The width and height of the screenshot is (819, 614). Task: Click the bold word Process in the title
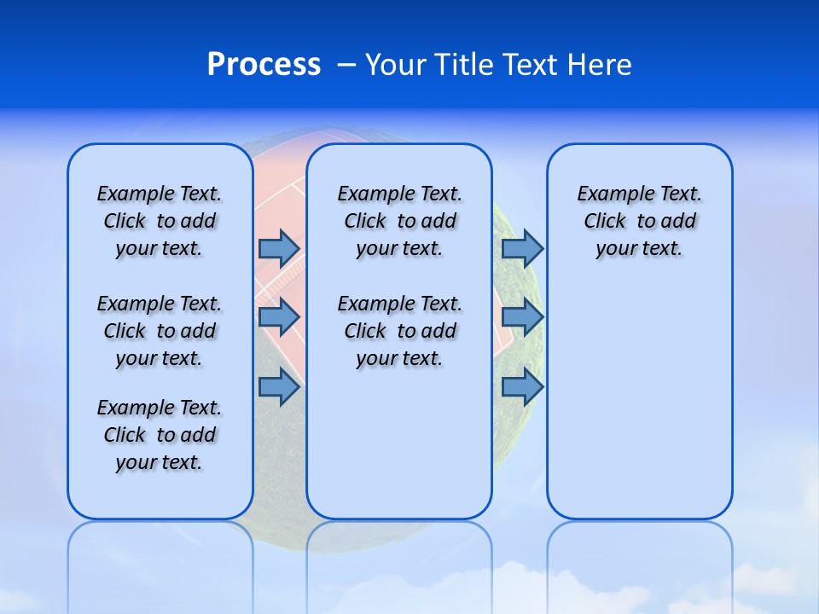click(264, 65)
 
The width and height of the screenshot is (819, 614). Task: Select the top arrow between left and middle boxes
click(278, 248)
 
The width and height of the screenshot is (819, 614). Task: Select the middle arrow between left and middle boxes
click(278, 317)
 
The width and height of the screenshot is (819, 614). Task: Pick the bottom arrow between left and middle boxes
click(278, 387)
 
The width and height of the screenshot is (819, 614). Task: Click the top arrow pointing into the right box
click(522, 248)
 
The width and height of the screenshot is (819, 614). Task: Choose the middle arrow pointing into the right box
click(522, 317)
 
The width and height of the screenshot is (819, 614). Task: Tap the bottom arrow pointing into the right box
click(522, 387)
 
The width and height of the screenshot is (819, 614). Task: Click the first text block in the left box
click(160, 221)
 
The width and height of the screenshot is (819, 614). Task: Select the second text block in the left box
click(160, 331)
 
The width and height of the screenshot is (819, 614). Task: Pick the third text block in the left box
click(160, 435)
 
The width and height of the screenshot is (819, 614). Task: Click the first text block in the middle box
click(400, 221)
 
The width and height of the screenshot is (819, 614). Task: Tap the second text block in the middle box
click(400, 331)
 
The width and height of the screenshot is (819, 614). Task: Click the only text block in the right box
click(640, 221)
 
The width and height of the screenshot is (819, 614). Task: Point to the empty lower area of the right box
click(640, 401)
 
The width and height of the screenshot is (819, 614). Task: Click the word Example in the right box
click(608, 194)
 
